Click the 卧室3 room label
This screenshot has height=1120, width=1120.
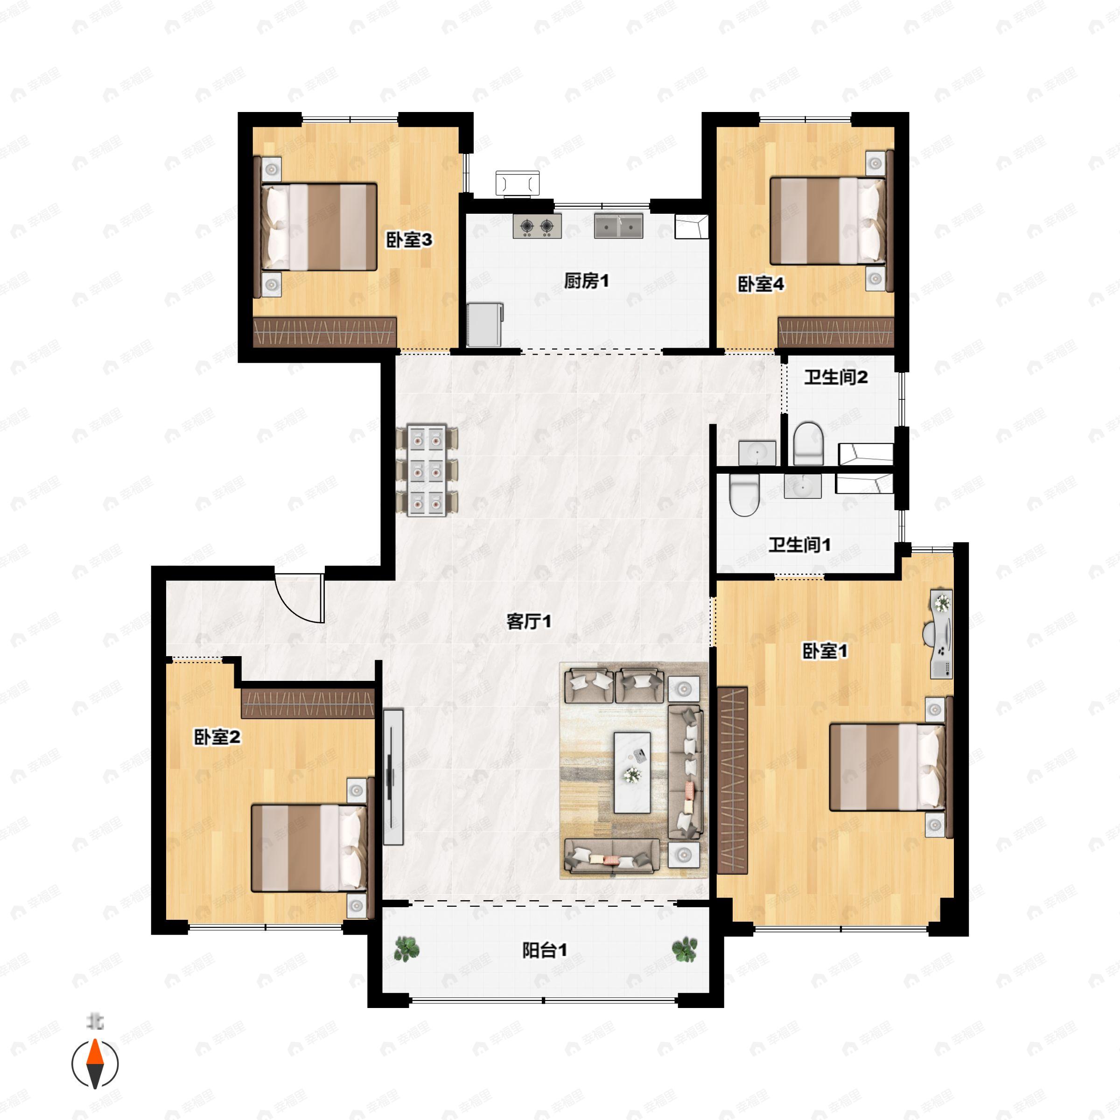(x=409, y=240)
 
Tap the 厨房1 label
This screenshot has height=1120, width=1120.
(x=587, y=281)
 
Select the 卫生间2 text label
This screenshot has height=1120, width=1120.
(x=835, y=378)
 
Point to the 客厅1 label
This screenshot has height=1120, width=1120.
(x=529, y=622)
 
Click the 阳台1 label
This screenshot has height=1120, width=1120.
(x=545, y=950)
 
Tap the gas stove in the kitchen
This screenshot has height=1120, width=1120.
(x=537, y=226)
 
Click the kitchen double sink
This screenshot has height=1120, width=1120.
(x=618, y=226)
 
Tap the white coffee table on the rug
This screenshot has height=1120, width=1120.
(x=632, y=772)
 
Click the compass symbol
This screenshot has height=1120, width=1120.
(x=95, y=1064)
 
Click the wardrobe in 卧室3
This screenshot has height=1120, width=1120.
(x=325, y=332)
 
